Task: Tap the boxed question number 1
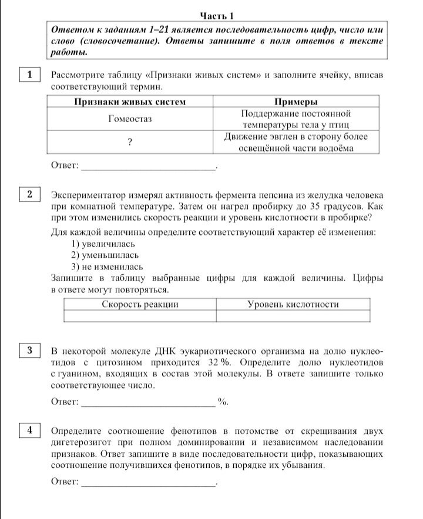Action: pos(29,75)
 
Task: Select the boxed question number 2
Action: pos(29,194)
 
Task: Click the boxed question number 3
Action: pos(29,351)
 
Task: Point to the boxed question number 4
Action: pos(29,430)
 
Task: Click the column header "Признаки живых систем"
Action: pos(130,102)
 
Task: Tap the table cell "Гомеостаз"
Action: pos(130,119)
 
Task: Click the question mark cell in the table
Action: pos(130,142)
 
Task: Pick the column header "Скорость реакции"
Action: pos(140,304)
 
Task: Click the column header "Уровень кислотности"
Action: pos(293,304)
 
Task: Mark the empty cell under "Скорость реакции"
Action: pos(140,316)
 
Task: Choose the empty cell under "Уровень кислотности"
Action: pos(293,316)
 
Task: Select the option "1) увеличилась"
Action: pos(103,244)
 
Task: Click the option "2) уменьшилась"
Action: pos(105,255)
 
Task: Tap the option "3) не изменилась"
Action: pos(106,267)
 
